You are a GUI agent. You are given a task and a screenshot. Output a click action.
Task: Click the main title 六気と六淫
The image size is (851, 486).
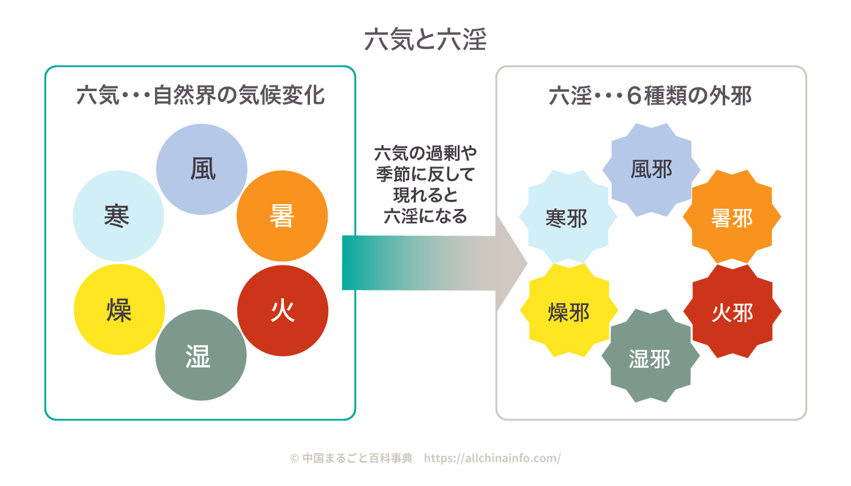point(425,39)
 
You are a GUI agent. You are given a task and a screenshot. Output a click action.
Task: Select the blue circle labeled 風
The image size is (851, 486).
point(202,169)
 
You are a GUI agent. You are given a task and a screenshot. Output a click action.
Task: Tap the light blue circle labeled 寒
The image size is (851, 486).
point(119,216)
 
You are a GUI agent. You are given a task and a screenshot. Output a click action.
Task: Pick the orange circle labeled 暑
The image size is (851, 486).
point(282,216)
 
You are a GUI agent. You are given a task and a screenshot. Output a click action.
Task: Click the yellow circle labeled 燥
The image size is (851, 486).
point(119,309)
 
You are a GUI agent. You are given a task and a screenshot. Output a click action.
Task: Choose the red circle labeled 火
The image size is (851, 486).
point(283,310)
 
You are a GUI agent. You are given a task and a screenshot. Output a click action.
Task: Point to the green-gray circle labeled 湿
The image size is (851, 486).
point(201,355)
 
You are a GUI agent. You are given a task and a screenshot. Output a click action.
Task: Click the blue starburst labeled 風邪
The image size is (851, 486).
point(651,169)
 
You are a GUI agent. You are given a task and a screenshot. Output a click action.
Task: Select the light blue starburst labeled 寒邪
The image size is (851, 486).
point(568,216)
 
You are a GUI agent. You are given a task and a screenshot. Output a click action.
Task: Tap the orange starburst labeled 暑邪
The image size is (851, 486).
point(732,216)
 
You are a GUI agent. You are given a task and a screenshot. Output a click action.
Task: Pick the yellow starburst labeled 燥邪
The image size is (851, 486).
point(569,310)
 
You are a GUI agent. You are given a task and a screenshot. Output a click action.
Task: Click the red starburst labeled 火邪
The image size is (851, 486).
point(732,311)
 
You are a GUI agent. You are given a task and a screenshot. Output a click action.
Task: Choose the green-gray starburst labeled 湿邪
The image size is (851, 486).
point(650,355)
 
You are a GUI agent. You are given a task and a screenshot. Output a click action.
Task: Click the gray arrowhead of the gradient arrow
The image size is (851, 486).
point(509,262)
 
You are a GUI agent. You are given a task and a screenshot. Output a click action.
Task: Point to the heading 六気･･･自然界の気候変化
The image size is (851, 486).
point(201,95)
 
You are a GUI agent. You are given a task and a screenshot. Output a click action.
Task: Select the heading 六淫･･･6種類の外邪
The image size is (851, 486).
point(650,96)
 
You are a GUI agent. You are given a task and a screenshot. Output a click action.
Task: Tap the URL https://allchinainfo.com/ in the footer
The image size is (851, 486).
point(492,458)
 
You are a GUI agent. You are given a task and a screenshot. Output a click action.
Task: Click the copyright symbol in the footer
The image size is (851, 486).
point(294,458)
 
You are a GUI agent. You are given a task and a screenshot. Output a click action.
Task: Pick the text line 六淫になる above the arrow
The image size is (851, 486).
point(425,216)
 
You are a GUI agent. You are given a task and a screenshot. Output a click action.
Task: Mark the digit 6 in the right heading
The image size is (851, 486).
point(634,96)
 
